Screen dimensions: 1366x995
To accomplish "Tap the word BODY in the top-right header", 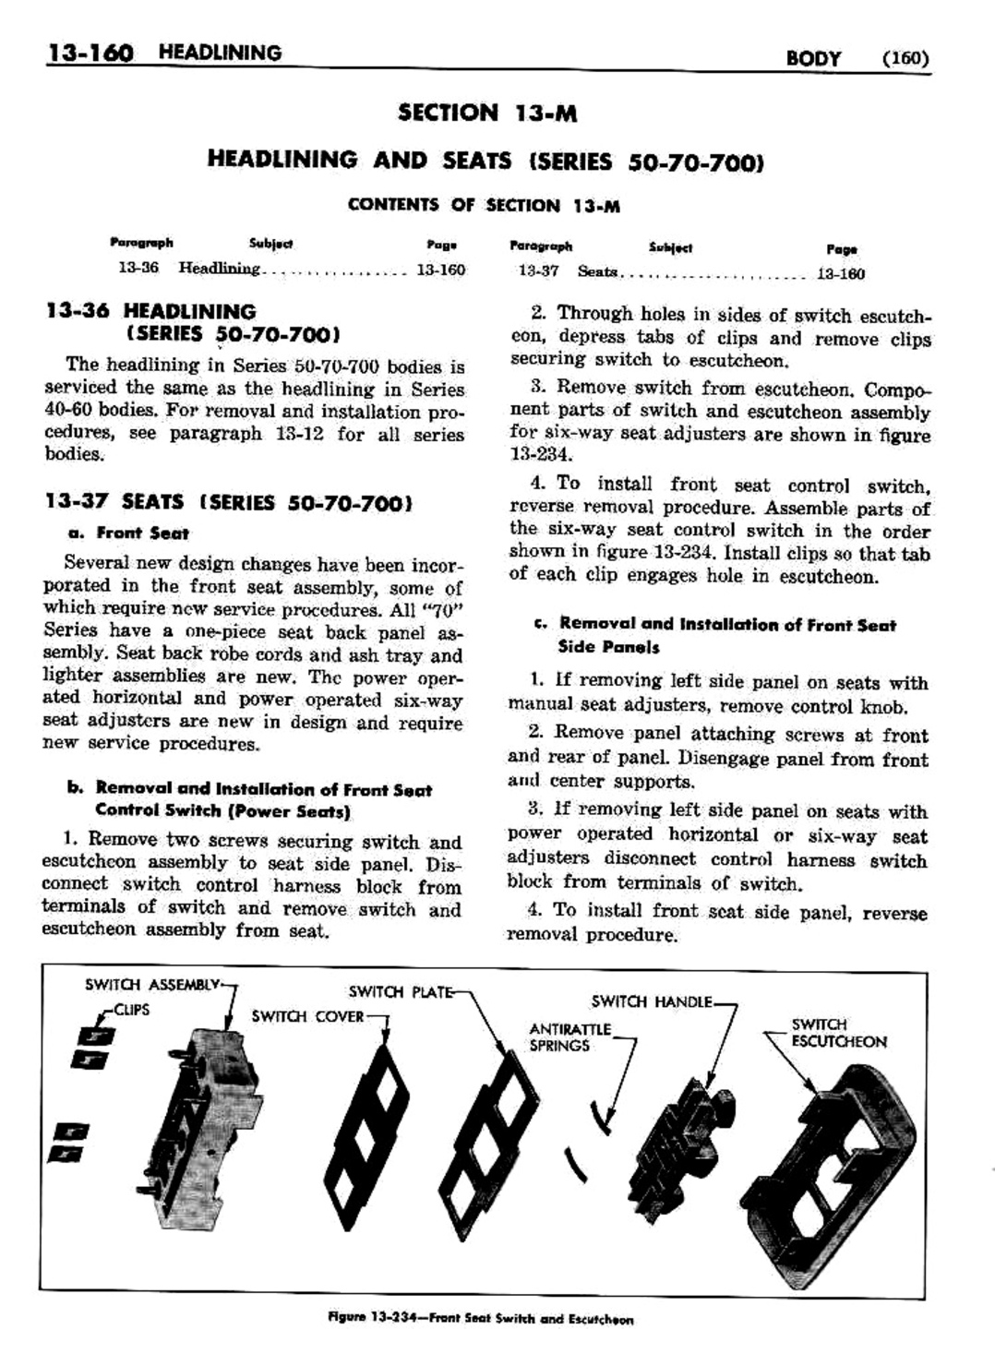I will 812,59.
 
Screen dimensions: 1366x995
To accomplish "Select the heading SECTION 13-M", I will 486,114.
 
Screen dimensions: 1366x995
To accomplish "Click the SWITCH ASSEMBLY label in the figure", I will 152,984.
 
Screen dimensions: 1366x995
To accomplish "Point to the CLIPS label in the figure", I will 132,1010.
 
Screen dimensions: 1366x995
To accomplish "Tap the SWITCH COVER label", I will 307,1017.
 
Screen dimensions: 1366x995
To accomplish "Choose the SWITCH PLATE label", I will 401,992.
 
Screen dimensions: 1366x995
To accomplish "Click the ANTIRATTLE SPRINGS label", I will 569,1036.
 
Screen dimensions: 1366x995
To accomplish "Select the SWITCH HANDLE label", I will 652,1001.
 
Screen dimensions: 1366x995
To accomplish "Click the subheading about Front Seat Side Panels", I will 714,635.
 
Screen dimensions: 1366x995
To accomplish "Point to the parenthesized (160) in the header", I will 904,59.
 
